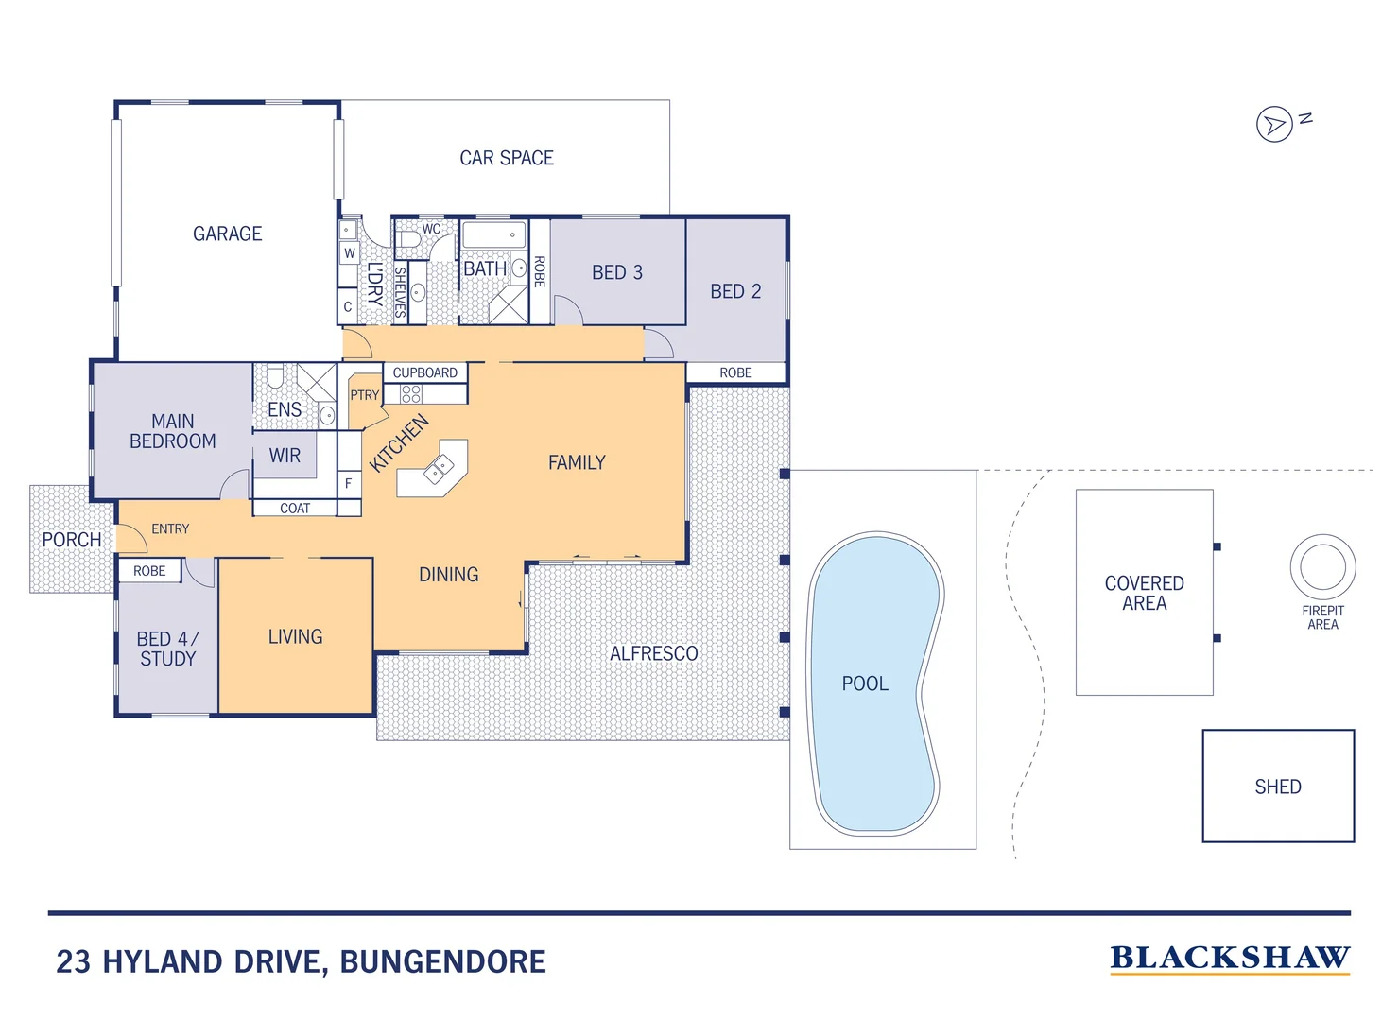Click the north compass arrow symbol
pos(1274,124)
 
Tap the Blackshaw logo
pos(1230,960)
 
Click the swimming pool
pos(875,684)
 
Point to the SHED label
pos(1278,787)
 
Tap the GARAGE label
pos(227,234)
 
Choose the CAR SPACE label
pos(507,158)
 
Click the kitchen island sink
pos(439,469)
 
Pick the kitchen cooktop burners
pos(411,393)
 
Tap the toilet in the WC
pos(409,239)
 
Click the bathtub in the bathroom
pos(494,235)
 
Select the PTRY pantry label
pos(364,395)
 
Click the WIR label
pos(285,456)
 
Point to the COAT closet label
pos(295,509)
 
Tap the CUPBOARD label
pos(425,372)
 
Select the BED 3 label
pos(617,273)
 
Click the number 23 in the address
pos(74,962)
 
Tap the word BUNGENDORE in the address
pos(442,962)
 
